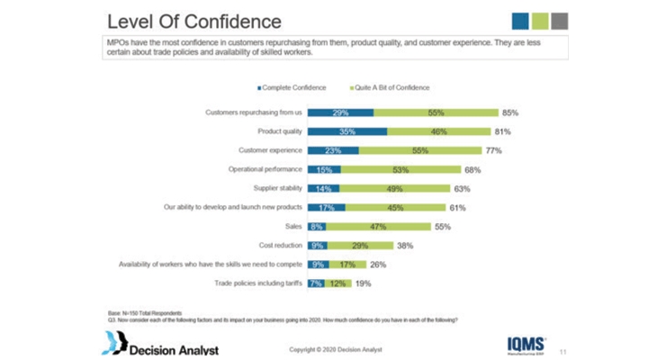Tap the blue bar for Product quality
(x=347, y=131)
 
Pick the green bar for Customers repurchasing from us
(x=436, y=112)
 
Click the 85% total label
(x=511, y=112)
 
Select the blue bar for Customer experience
(x=333, y=150)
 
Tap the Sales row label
(x=292, y=226)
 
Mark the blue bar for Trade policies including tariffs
(x=316, y=283)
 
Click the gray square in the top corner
(x=559, y=21)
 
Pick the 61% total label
(x=458, y=207)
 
